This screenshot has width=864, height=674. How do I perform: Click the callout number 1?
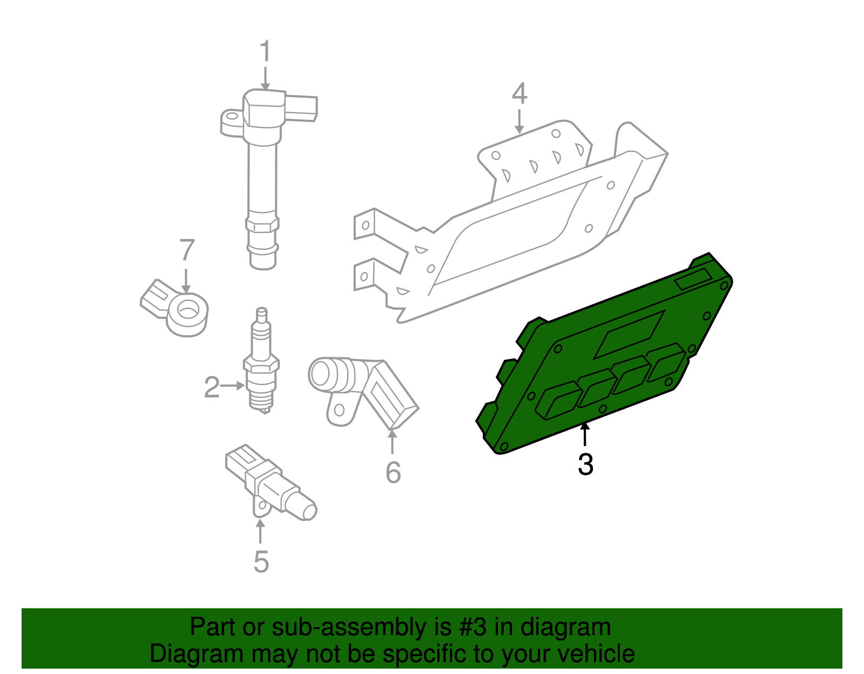coord(265,52)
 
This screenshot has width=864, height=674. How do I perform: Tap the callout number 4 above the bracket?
coord(519,94)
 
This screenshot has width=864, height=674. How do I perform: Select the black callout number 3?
coord(585,464)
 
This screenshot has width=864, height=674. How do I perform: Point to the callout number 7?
coord(186,250)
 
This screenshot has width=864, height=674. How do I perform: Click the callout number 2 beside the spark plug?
coord(212,387)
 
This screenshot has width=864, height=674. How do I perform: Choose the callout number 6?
coord(393,473)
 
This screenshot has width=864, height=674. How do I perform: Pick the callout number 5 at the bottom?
coord(261,562)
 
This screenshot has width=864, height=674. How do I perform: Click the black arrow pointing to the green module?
coord(585,435)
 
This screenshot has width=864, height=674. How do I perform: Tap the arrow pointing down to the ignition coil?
coord(265,78)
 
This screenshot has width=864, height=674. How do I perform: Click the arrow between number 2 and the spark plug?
coord(233,385)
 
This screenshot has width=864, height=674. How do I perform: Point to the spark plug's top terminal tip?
coord(262,312)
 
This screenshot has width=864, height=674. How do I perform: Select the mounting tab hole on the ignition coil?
coord(232,116)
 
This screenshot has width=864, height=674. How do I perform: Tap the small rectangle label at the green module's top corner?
coord(693,280)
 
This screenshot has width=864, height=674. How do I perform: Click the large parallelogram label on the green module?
coord(629,335)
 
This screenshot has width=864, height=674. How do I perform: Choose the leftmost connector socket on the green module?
coord(558,400)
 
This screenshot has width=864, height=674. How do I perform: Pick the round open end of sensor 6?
coord(320,372)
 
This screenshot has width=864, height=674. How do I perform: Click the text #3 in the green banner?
coord(473,627)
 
